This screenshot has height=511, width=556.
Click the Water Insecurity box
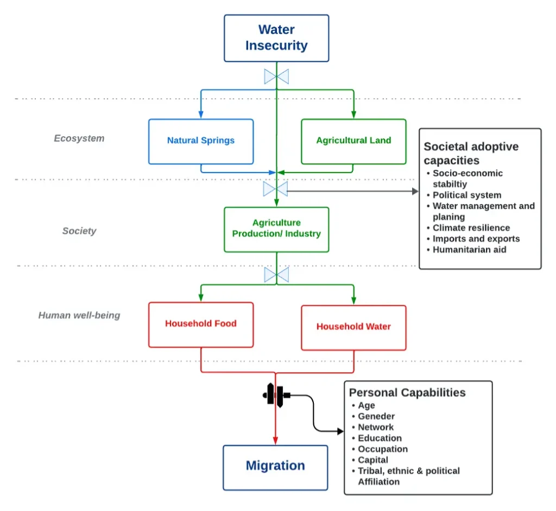[276, 38]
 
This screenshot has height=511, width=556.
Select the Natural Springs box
[201, 141]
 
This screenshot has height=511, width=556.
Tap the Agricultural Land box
[353, 141]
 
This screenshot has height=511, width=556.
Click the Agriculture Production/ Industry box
[276, 229]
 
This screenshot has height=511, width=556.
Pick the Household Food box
[201, 324]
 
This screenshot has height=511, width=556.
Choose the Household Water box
[353, 327]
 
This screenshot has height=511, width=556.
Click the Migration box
[275, 466]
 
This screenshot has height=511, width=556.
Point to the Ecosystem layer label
[79, 138]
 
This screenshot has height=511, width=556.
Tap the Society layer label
[79, 231]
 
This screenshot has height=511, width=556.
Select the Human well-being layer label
[79, 315]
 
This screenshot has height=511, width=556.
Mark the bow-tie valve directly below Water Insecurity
[276, 76]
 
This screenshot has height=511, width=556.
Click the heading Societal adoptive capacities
[471, 154]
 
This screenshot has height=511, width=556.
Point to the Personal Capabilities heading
[407, 393]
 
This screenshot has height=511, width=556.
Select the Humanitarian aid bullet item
[469, 250]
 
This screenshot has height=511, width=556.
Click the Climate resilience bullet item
[471, 228]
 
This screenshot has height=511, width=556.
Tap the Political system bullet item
[466, 195]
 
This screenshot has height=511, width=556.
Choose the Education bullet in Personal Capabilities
[380, 438]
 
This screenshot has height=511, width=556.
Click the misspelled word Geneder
[376, 417]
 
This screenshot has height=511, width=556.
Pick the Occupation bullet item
[382, 449]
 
